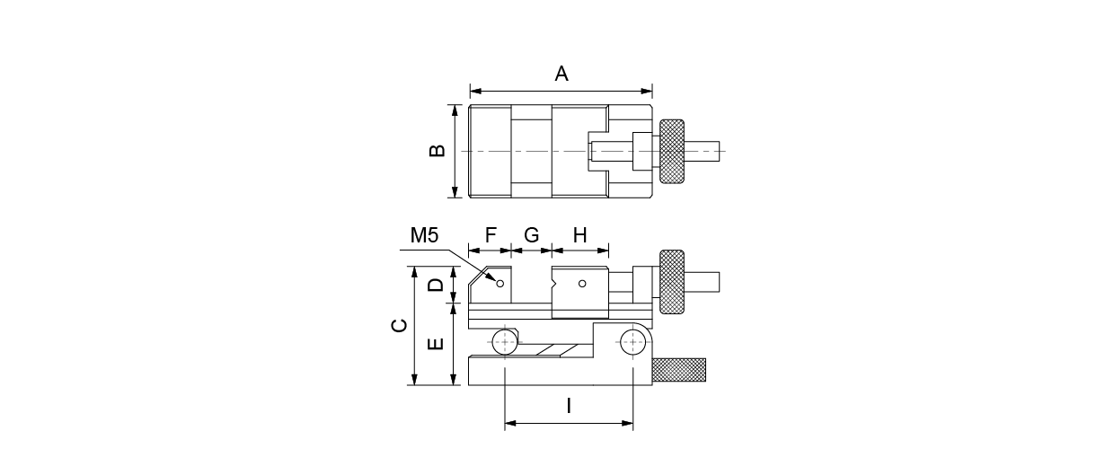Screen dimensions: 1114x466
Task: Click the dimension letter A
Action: tap(561, 74)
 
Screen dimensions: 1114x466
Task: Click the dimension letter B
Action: tap(438, 151)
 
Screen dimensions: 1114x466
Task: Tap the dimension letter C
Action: tap(400, 325)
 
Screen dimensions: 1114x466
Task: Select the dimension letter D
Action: tap(436, 285)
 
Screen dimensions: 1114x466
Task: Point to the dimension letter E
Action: tap(436, 344)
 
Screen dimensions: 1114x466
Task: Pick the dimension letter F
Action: tap(491, 235)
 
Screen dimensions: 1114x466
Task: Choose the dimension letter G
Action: tap(532, 235)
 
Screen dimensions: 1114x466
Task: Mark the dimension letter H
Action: tap(579, 235)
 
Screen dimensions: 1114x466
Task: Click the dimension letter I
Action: tap(569, 406)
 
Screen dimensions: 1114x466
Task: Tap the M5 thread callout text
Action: tap(424, 235)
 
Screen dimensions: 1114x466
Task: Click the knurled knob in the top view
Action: tap(672, 151)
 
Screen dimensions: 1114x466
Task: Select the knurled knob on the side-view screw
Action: tap(672, 282)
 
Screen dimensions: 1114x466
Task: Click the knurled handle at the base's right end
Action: tap(679, 370)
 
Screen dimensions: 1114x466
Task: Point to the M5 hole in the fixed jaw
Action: tap(500, 284)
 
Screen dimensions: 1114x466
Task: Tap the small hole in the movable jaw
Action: tap(582, 284)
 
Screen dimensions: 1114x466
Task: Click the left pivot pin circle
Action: tap(505, 342)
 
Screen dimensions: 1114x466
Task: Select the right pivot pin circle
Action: tap(632, 342)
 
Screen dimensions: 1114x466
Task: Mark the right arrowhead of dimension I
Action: tap(627, 424)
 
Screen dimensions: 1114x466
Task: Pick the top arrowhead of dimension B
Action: tap(455, 110)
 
